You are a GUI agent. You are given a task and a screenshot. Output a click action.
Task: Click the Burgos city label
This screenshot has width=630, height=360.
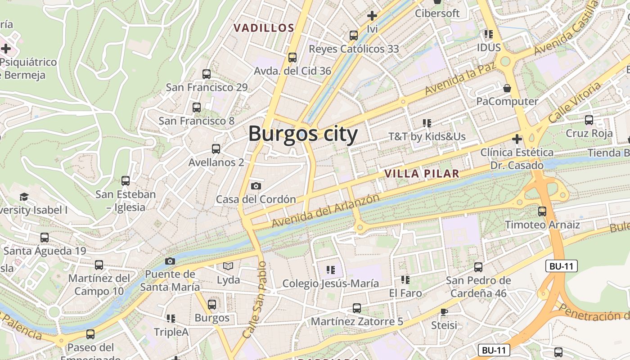303,134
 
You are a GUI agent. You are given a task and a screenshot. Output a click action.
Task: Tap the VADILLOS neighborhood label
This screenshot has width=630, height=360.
264,28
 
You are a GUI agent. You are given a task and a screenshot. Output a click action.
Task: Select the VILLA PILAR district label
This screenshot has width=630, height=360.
422,174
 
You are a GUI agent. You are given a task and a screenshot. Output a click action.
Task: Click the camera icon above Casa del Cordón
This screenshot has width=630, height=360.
256,186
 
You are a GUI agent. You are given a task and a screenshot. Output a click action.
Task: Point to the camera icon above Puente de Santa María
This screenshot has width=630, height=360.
170,261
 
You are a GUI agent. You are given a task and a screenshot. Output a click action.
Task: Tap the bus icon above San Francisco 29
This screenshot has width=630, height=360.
207,74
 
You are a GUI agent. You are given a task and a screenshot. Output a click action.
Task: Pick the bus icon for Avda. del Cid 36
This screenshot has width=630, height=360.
292,58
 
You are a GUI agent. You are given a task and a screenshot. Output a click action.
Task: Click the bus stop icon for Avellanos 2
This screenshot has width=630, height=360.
216,149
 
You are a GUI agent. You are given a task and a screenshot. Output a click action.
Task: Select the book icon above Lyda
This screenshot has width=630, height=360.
229,266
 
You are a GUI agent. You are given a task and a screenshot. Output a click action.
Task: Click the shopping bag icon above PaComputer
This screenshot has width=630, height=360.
507,88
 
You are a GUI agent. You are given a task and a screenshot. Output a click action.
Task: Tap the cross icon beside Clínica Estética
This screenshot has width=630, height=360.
517,139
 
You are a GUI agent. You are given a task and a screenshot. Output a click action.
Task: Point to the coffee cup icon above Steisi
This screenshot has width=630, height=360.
444,312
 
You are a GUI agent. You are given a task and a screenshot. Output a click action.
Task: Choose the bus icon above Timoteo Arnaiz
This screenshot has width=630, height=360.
542,211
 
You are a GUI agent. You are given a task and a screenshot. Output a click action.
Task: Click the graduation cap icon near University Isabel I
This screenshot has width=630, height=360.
24,197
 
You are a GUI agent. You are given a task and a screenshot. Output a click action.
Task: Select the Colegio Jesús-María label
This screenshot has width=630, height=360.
330,283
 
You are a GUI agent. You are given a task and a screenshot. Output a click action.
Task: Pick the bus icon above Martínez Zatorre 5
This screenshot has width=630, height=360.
357,308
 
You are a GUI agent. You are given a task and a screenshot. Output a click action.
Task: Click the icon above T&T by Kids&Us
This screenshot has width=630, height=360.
427,123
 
